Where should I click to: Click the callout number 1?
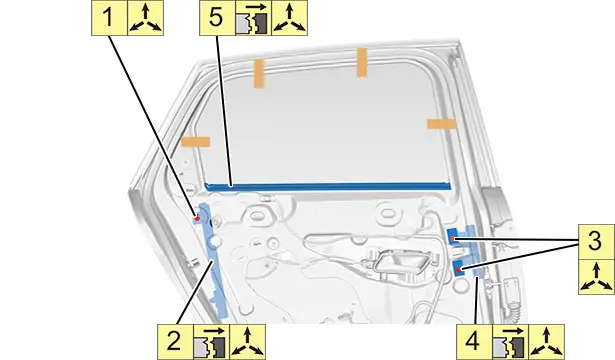[x=109, y=18]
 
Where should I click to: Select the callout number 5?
[x=217, y=18]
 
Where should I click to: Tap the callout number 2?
[x=175, y=342]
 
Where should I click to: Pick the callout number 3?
[x=596, y=241]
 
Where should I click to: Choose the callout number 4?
[x=472, y=342]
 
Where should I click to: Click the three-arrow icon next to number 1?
[x=146, y=18]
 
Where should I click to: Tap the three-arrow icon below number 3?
[x=597, y=276]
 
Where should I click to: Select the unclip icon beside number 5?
[x=253, y=18]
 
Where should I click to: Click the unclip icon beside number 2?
[x=211, y=342]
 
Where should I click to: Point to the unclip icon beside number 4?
[x=510, y=342]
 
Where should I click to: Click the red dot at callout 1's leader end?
[x=198, y=218]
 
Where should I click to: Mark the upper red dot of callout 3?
[x=452, y=238]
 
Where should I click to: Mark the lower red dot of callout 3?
[x=458, y=270]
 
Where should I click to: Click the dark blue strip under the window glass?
[x=328, y=186]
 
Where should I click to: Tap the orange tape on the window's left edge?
[x=195, y=142]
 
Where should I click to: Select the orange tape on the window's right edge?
[x=442, y=124]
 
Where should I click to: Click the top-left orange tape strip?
[x=259, y=73]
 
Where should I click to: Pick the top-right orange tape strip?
[x=362, y=62]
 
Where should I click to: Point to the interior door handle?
[x=397, y=262]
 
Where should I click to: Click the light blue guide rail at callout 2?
[x=215, y=260]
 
